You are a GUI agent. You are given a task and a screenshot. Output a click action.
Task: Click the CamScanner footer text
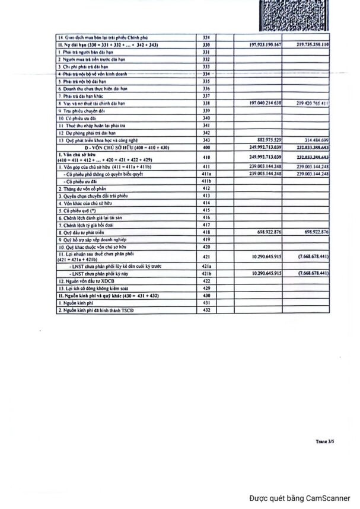[x=300, y=498]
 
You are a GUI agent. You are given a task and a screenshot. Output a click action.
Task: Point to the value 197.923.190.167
[x=262, y=44]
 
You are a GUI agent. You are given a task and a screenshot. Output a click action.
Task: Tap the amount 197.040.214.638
[x=262, y=103]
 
